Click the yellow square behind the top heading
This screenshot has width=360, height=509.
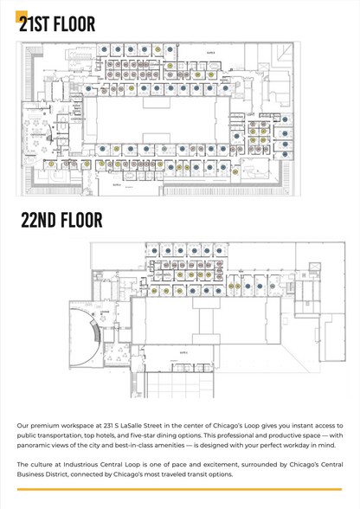coord(22,15)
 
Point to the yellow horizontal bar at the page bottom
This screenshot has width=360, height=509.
coord(180,490)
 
